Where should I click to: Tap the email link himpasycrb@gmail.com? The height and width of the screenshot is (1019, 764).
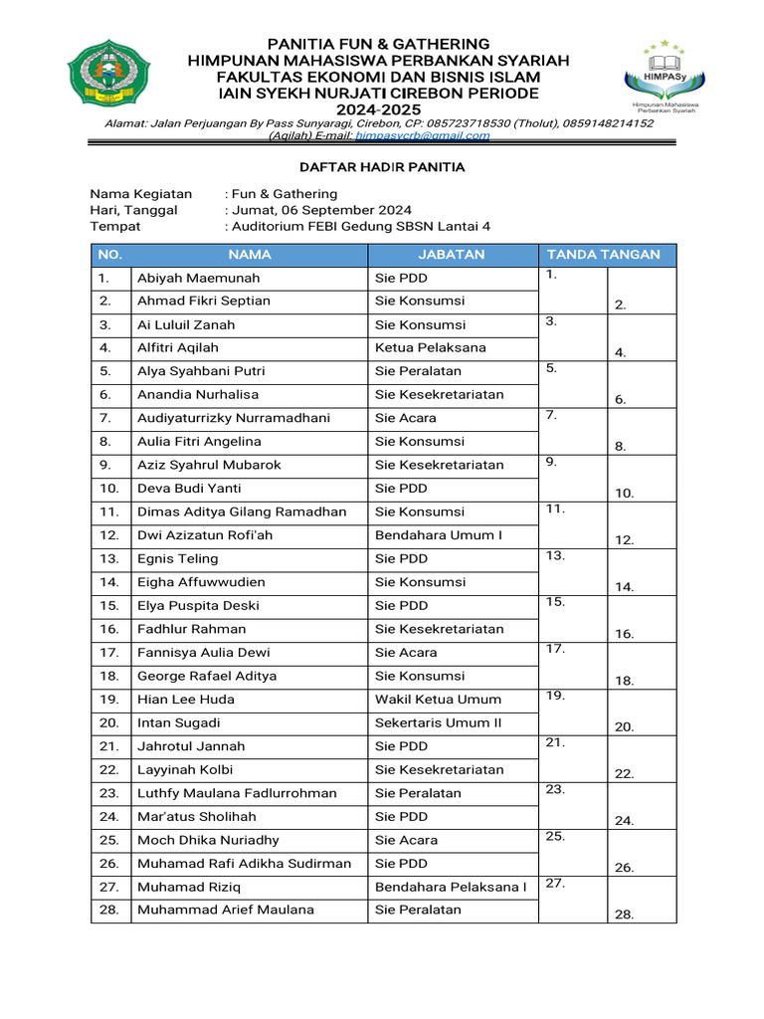440,135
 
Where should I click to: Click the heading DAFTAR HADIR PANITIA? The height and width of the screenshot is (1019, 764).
383,167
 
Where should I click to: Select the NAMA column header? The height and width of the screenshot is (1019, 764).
249,255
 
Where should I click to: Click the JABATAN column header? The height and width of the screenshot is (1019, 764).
452,255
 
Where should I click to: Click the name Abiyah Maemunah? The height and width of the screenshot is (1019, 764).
198,278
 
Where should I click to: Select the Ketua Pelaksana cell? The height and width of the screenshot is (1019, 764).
431,347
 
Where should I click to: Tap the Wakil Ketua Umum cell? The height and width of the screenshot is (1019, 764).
438,700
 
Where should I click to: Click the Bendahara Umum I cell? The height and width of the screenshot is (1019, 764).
439,535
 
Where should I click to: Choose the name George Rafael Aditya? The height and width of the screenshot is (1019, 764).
207,676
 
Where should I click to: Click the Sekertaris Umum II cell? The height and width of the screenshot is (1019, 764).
438,722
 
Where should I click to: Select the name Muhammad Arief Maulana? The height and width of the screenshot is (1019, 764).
226,910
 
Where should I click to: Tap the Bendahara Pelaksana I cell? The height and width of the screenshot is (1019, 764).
451,887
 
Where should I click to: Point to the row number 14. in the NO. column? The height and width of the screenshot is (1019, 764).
109,582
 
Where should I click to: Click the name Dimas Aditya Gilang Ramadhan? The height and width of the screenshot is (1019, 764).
242,511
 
